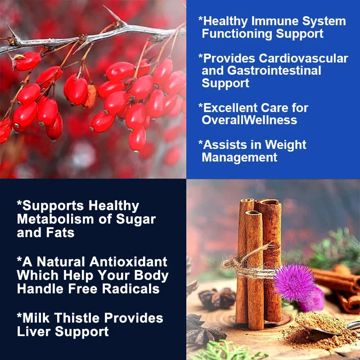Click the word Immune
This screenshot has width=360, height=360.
[x=268, y=21]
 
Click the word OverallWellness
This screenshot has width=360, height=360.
[x=249, y=120]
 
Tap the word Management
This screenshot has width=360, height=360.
[x=239, y=157]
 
